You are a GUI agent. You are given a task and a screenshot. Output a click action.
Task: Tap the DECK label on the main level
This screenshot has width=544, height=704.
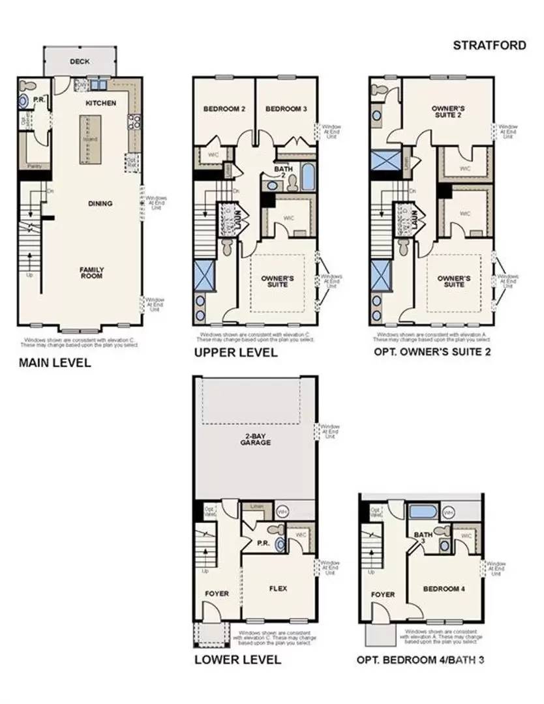[x=80, y=62]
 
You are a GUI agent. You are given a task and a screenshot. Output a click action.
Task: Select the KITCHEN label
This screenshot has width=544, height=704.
[x=100, y=103]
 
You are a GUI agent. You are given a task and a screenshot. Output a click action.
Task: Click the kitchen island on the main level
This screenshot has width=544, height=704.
[x=86, y=139]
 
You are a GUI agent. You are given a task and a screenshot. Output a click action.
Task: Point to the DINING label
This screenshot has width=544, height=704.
[x=100, y=203]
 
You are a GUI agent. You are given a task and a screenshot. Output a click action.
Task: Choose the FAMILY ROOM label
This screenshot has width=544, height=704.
[x=92, y=272]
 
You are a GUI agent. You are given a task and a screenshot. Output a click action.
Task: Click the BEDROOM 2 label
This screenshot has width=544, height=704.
[x=224, y=109]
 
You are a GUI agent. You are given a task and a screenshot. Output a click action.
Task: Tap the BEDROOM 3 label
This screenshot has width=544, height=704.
[x=286, y=109]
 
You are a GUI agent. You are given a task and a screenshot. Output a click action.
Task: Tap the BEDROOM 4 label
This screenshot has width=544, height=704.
[x=444, y=589]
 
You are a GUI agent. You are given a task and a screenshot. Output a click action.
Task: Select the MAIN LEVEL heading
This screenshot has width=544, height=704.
[x=55, y=362]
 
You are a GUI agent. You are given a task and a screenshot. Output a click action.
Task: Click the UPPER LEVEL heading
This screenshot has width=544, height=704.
[x=235, y=353]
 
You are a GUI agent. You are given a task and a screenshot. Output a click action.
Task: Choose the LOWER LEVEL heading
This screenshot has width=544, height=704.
[x=238, y=660]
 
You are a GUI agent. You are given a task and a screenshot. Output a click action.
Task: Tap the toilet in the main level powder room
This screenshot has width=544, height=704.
[x=24, y=101]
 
